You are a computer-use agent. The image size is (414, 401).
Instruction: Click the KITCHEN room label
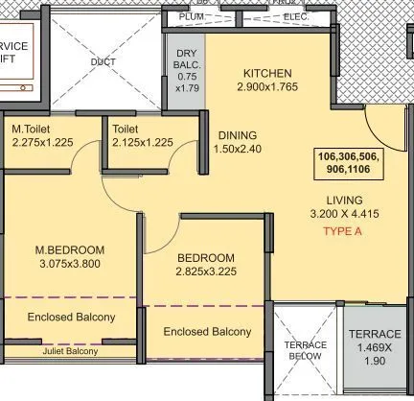click(x=267, y=74)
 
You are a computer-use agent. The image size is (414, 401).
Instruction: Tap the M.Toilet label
click(x=34, y=129)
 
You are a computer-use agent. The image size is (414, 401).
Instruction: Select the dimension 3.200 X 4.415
click(x=347, y=215)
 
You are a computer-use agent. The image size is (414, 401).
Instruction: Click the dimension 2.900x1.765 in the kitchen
click(x=267, y=89)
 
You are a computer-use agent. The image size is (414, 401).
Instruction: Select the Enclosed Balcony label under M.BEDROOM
click(x=71, y=317)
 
